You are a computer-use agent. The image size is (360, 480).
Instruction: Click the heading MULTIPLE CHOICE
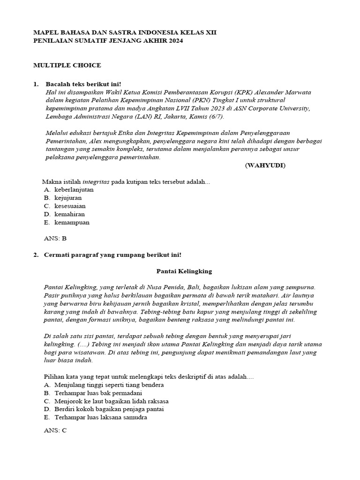pos(67,65)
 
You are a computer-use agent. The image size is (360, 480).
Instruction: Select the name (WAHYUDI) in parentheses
pos(265,165)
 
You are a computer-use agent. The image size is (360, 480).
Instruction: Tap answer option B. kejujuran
pos(68,198)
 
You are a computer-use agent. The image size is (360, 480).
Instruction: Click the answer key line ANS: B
pos(55,238)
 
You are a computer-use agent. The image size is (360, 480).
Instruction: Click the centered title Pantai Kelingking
pos(184,271)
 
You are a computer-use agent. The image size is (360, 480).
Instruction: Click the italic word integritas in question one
pos(96,181)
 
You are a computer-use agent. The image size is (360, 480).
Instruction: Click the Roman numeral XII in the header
pos(210,32)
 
